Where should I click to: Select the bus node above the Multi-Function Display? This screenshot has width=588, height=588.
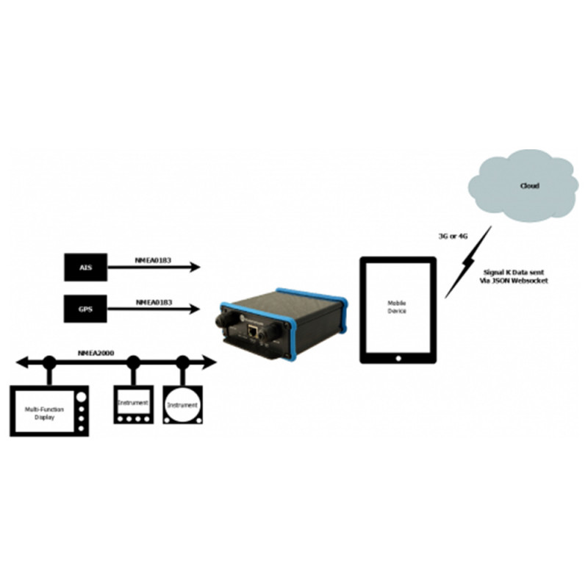[x=49, y=362]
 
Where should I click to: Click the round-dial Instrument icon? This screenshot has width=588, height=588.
[x=182, y=405]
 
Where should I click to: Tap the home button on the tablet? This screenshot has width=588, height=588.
[x=398, y=357]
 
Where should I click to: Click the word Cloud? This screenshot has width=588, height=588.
[x=528, y=186]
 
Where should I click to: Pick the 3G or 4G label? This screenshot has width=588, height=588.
[x=453, y=236]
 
